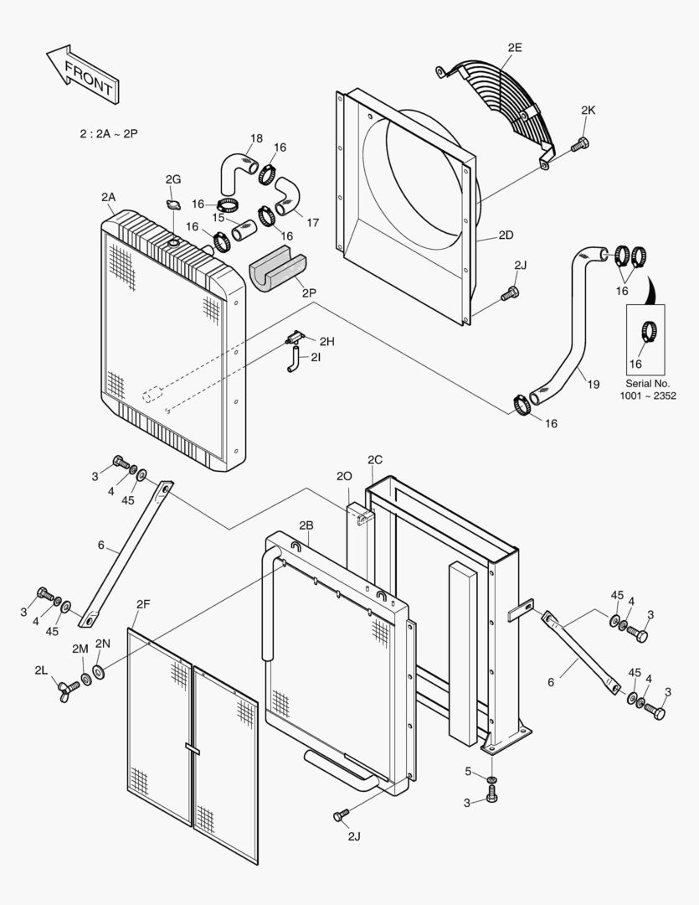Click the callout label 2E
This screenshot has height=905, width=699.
pos(514,48)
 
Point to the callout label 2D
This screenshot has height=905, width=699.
pos(506,235)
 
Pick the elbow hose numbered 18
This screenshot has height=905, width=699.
pos(235,170)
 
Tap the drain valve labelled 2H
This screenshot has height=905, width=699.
pos(294,338)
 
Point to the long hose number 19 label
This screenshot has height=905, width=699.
pos(593,385)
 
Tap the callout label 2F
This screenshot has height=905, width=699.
pos(143,602)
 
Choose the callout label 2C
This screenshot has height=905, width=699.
pos(374,459)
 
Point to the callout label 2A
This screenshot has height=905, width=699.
pos(108,197)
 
